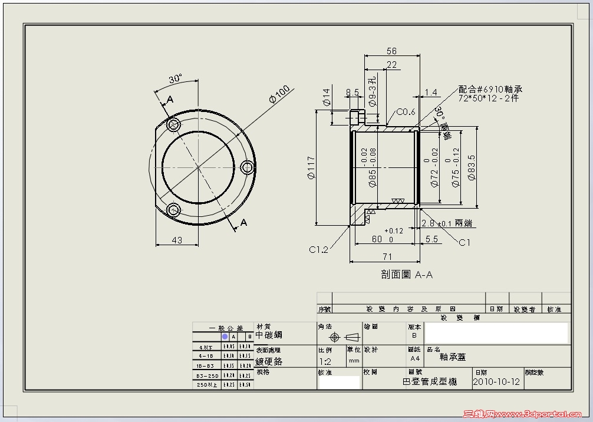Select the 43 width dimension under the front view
(177, 240)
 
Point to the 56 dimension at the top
(391, 51)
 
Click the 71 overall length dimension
(387, 256)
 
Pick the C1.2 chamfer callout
(318, 249)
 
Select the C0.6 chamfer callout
(406, 112)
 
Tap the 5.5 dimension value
(431, 239)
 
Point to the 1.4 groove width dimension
(431, 93)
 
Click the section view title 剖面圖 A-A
(407, 275)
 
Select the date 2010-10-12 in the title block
(496, 382)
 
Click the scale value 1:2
(325, 361)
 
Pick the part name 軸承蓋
(452, 357)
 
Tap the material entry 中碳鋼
(269, 335)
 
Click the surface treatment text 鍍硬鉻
(269, 361)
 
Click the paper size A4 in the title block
(415, 358)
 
